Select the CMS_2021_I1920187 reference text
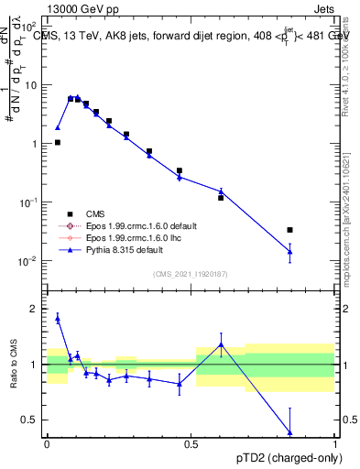(190, 272)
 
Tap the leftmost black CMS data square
(58, 142)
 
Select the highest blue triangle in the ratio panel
(58, 318)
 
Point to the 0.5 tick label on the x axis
(191, 442)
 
